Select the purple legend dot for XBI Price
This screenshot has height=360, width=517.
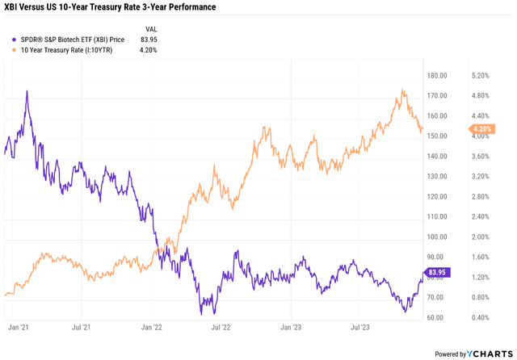[x=10, y=38]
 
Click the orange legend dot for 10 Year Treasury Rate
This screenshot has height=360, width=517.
[x=10, y=49]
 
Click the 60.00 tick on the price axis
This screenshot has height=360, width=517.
[x=439, y=317]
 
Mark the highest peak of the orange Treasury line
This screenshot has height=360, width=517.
[x=402, y=90]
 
